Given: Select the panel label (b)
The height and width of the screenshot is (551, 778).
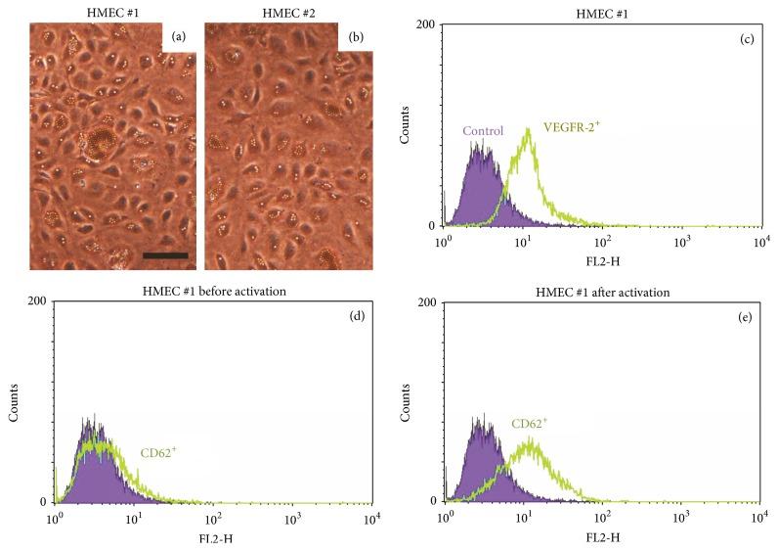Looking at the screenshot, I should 353,36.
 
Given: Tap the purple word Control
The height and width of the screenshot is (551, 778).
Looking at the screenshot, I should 483,131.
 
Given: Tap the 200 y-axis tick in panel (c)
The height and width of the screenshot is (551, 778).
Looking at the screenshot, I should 426,24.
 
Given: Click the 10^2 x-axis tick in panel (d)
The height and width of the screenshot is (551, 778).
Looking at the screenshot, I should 212,516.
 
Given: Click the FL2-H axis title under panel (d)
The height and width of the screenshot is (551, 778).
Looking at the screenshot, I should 213,537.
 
